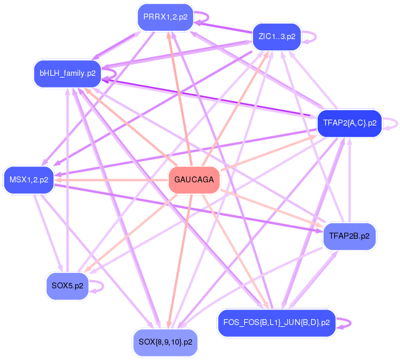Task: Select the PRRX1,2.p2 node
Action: pyautogui.click(x=165, y=18)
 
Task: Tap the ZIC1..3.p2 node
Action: pyautogui.click(x=276, y=37)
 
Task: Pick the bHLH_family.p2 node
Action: pyautogui.click(x=67, y=73)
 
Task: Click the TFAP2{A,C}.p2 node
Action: pyautogui.click(x=350, y=123)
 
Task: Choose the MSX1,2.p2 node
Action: pyautogui.click(x=29, y=179)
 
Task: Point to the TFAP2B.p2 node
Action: pyautogui.click(x=349, y=236)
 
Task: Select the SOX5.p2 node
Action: pyautogui.click(x=68, y=286)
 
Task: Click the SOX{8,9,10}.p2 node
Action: pyautogui.click(x=165, y=342)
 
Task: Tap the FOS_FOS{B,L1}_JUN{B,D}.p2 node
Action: pyautogui.click(x=276, y=323)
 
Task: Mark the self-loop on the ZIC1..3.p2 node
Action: pyautogui.click(x=313, y=37)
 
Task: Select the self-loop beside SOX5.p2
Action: pyautogui.click(x=101, y=286)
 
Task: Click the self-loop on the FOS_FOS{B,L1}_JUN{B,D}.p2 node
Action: pyautogui.click(x=348, y=323)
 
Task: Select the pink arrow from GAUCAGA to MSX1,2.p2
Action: pyautogui.click(x=113, y=180)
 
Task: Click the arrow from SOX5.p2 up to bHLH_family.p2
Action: pyautogui.click(x=68, y=178)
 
